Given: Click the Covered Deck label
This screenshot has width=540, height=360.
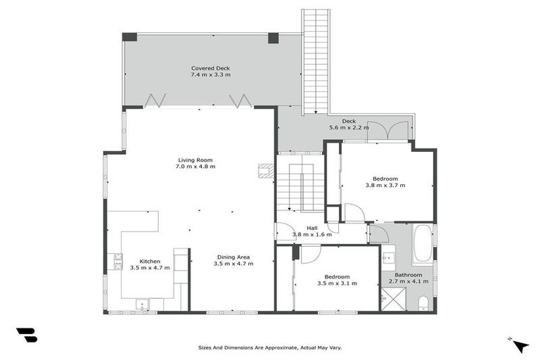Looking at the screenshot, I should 210,68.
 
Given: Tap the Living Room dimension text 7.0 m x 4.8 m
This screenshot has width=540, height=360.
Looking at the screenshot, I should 195,167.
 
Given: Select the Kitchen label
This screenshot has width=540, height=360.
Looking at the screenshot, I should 150,261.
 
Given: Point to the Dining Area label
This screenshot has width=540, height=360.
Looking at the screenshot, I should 233,257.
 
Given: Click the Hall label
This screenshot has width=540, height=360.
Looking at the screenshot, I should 311,227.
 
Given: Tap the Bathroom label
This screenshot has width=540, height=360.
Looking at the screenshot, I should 408,274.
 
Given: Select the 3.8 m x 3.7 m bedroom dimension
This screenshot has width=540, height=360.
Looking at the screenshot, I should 385,185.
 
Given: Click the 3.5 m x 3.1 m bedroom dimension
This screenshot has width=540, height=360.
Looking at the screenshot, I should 337,283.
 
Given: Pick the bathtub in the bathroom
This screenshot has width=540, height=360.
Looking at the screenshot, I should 423,243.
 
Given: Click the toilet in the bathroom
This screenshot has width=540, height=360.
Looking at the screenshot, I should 423,303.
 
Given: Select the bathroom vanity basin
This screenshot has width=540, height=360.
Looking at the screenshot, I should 388,258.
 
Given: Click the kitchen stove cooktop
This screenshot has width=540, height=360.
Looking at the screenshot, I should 117,262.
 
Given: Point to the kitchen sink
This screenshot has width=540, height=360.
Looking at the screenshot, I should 142,304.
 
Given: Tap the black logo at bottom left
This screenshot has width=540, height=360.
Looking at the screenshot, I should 26,335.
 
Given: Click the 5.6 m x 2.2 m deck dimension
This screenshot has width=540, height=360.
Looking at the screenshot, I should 349,128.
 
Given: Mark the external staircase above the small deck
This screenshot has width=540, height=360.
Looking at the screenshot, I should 316,60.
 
